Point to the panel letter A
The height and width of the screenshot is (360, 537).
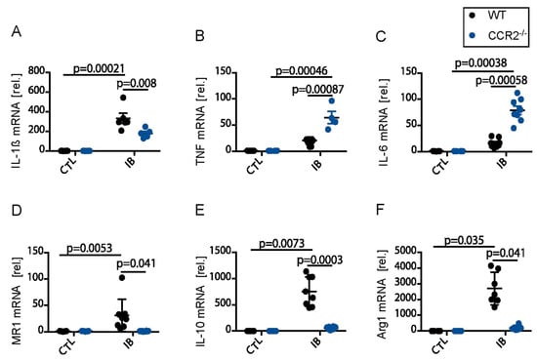click(x=17, y=31)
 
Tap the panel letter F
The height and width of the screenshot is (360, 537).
click(x=380, y=209)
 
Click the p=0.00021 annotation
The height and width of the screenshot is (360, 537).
click(x=99, y=68)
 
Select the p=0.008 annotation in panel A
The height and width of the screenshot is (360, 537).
click(x=137, y=83)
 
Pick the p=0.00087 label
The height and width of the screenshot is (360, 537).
click(x=318, y=90)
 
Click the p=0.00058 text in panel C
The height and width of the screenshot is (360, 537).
click(x=502, y=80)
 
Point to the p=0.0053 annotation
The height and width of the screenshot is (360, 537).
click(x=90, y=248)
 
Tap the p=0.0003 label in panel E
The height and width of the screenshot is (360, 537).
click(x=320, y=260)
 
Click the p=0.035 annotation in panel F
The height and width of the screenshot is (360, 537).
click(x=465, y=240)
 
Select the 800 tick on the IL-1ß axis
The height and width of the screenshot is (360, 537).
click(x=36, y=71)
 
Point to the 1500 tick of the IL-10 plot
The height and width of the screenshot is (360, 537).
click(x=223, y=252)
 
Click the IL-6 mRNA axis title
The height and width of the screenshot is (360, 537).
click(x=385, y=123)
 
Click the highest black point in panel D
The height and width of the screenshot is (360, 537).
click(x=122, y=277)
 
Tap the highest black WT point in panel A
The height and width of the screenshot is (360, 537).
click(x=123, y=98)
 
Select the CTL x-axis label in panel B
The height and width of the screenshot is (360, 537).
click(x=255, y=166)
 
